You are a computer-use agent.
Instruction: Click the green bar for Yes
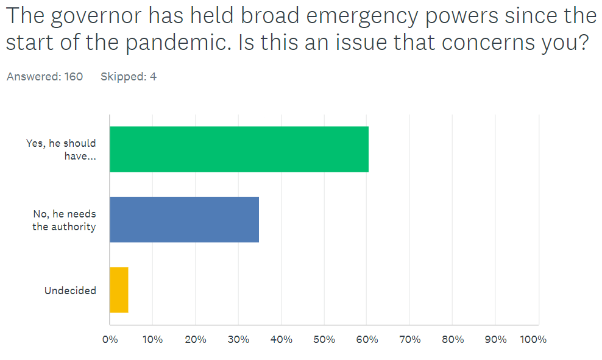point(239,149)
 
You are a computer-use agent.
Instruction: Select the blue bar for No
point(184,219)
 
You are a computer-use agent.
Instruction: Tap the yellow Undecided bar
point(119,289)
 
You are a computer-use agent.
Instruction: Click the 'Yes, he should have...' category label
point(61,149)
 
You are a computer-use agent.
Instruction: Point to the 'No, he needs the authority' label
point(64,221)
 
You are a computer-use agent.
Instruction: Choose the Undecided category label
point(70,291)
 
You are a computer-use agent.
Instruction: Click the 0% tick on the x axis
point(110,339)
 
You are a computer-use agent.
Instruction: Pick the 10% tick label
point(152,339)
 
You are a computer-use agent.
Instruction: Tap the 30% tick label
point(238,339)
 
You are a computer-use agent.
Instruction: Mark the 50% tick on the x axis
point(324,339)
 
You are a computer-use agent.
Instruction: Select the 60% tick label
point(367,339)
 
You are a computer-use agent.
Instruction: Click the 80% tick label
point(453,339)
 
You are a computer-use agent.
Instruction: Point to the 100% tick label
point(534,339)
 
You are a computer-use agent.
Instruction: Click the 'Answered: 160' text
point(44,77)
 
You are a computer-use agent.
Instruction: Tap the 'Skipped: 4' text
point(128,77)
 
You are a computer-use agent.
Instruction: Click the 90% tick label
point(495,339)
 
